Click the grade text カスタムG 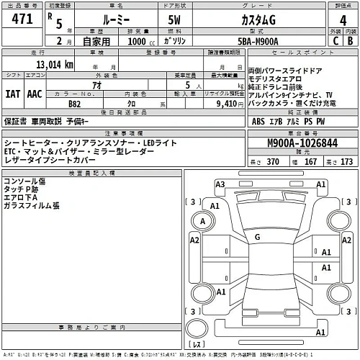[262, 19]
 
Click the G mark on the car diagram [257, 236]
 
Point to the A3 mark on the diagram [221, 185]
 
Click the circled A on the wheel [205, 220]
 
